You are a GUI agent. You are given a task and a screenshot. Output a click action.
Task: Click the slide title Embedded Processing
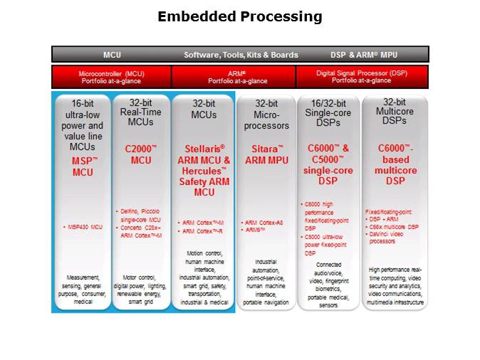[x=239, y=16]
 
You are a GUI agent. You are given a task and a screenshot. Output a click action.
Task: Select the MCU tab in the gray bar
[x=112, y=55]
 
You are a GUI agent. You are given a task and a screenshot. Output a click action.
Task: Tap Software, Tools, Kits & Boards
[x=241, y=55]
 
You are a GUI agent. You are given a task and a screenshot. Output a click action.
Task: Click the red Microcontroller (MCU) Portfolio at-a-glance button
[x=111, y=76]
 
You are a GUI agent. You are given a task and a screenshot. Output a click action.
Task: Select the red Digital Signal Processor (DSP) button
[x=362, y=76]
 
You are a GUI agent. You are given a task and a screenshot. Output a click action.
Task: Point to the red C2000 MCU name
[x=140, y=155]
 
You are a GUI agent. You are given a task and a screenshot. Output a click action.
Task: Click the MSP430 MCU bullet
[x=83, y=226]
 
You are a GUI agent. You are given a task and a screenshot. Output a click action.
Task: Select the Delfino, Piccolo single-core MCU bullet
[x=141, y=215]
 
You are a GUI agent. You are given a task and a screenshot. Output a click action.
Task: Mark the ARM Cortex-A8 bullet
[x=264, y=222]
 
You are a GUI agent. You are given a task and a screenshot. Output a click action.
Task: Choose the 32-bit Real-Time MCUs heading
[x=140, y=114]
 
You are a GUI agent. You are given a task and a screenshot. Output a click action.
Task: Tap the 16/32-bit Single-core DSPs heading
[x=329, y=114]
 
